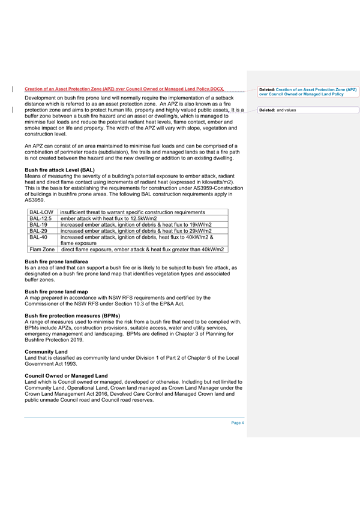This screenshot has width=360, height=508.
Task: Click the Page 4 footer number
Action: (238, 423)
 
